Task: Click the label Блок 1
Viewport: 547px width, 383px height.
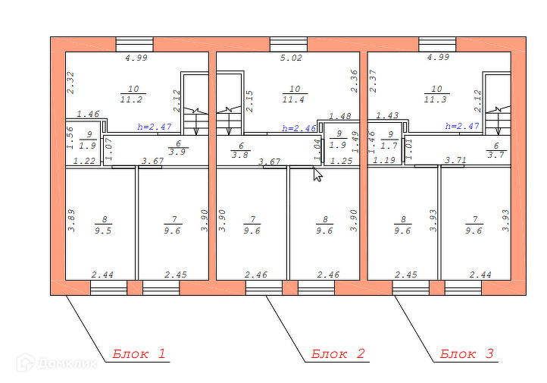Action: pos(139,353)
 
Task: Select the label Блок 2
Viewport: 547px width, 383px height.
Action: pos(339,353)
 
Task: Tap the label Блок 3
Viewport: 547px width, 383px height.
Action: pos(467,353)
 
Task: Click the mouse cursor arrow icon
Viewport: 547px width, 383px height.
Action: pos(317,174)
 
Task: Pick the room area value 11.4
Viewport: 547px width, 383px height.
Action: pos(295,99)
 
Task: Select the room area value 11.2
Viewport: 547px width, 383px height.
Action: pos(133,99)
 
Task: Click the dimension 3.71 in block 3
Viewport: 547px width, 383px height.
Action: pos(455,161)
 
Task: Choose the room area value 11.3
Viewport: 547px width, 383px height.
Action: pos(437,99)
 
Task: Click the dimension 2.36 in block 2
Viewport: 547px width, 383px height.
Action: pos(354,81)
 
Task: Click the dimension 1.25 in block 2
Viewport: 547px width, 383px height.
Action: pos(342,161)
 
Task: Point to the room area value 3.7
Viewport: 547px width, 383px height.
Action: pos(496,155)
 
